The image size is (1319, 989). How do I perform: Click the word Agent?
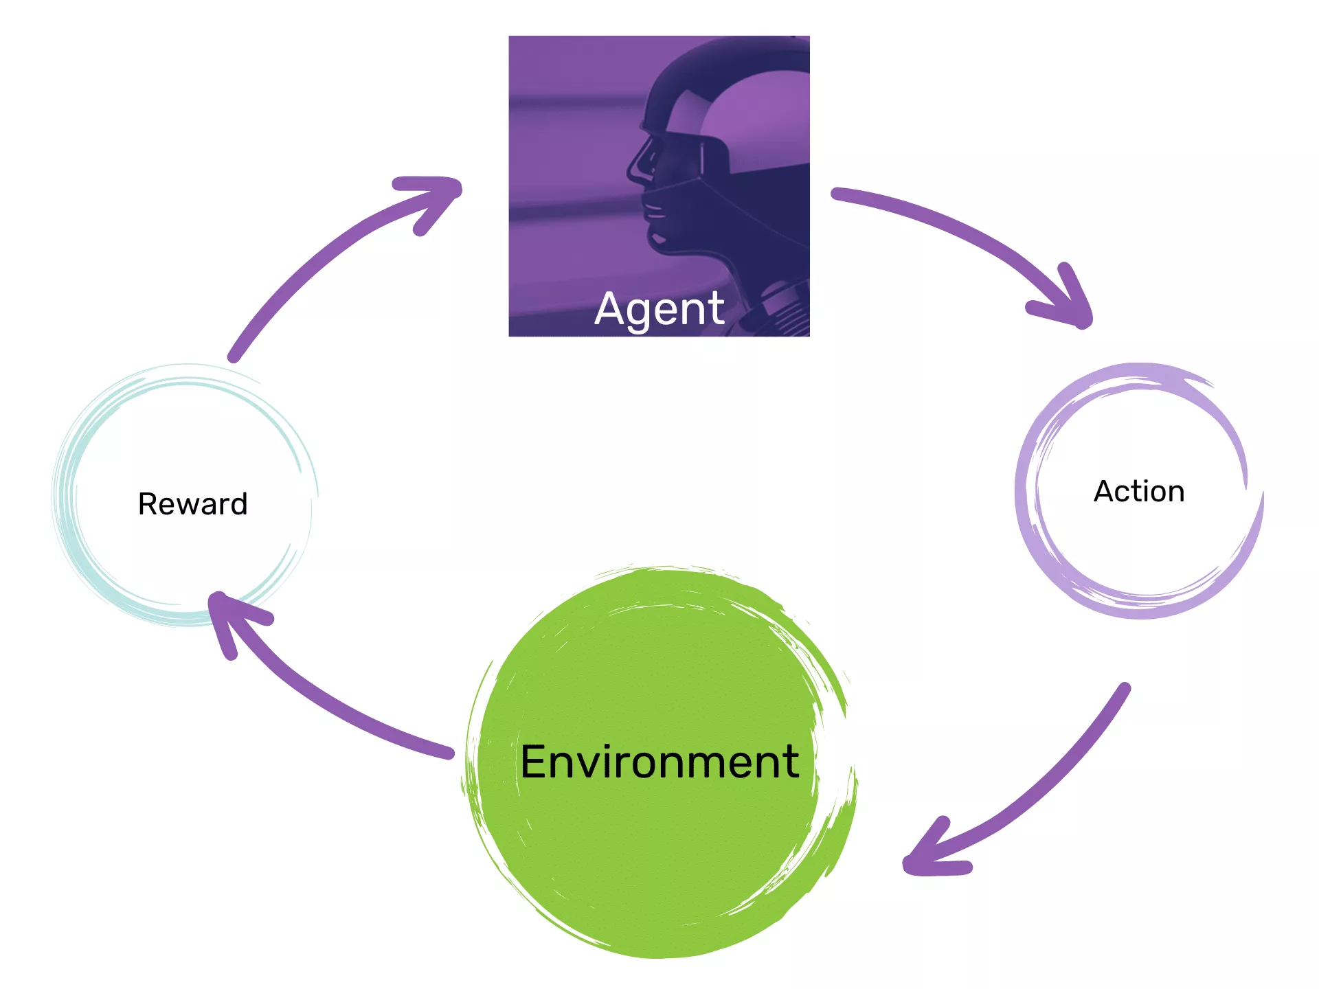(659, 309)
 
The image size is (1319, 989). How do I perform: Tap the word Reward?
(193, 504)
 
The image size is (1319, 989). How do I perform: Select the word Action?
(1139, 492)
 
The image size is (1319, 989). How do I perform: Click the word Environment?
(659, 762)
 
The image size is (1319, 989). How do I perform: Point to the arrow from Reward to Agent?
(323, 254)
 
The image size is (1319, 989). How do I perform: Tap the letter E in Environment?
(536, 762)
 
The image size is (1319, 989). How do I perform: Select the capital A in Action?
(1106, 492)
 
